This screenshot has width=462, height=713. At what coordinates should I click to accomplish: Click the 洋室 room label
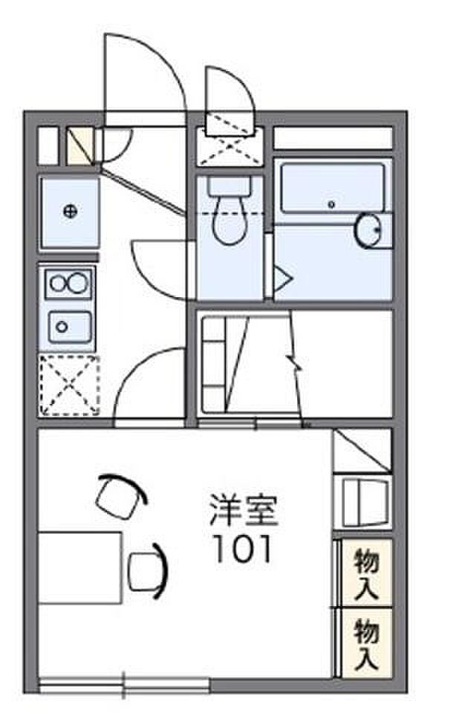click(x=242, y=511)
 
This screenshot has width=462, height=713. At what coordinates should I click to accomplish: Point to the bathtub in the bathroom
click(x=333, y=189)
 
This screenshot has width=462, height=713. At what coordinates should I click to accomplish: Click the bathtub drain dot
click(x=332, y=204)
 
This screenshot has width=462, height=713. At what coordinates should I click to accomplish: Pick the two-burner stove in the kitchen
click(x=68, y=284)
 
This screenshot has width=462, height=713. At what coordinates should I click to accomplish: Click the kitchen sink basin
click(x=68, y=325)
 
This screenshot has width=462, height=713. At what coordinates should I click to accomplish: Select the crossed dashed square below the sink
click(x=69, y=385)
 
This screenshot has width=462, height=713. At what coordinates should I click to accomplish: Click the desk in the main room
click(x=80, y=567)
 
